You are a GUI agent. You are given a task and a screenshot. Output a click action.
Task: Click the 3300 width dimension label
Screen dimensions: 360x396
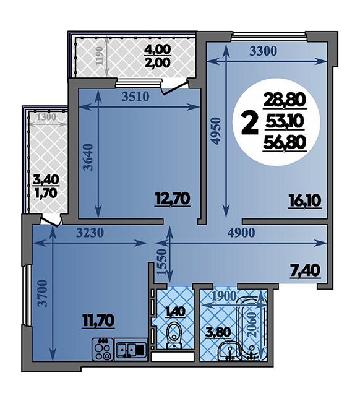(x=263, y=51)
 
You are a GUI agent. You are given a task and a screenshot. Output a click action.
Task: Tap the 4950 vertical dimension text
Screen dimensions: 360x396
(x=216, y=131)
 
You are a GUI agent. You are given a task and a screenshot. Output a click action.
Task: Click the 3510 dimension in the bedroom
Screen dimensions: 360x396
(x=135, y=96)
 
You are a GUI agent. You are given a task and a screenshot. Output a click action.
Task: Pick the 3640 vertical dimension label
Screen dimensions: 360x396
(x=88, y=157)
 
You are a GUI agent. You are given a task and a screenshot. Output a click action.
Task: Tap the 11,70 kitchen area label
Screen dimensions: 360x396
(x=99, y=321)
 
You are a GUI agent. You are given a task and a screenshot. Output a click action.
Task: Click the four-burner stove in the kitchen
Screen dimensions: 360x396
(x=103, y=350)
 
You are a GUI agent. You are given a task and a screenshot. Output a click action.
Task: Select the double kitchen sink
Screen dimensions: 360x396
(x=131, y=350)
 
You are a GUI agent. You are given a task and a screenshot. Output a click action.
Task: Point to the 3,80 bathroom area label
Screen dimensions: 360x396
(x=218, y=332)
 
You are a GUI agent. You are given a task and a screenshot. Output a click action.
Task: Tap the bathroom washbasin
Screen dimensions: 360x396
(x=229, y=351)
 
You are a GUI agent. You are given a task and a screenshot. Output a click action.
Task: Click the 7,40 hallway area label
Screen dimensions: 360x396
(x=308, y=272)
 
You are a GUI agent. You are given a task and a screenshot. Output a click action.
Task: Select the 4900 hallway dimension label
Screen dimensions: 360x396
(x=241, y=233)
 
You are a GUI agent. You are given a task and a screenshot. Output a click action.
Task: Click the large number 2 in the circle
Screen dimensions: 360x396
(x=250, y=124)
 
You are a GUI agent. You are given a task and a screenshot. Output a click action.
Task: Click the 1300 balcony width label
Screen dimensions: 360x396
(x=46, y=117)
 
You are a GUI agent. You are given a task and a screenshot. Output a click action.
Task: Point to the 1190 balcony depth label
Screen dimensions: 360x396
(x=100, y=56)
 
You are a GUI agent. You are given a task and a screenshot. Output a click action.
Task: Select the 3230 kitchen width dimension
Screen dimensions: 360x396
(x=90, y=233)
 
